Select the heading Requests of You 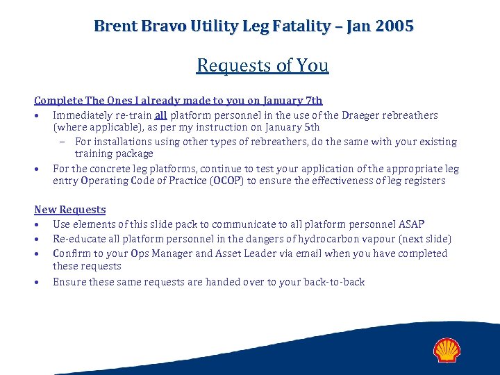262,65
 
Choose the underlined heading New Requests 70,210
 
